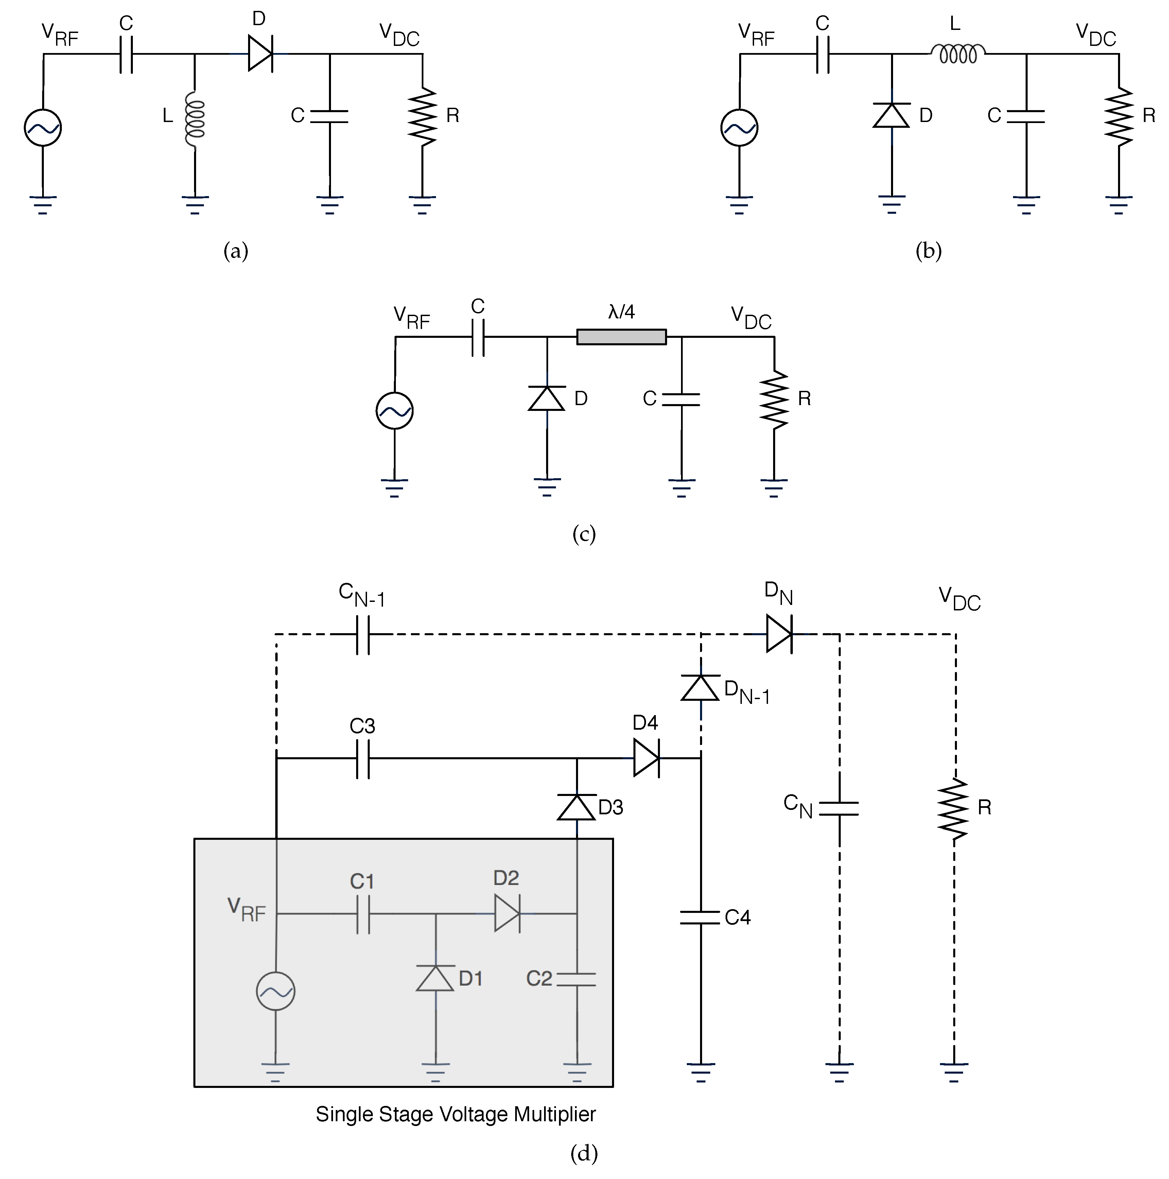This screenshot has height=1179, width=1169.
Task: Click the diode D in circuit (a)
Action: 260,54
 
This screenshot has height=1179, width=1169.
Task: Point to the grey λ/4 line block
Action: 621,337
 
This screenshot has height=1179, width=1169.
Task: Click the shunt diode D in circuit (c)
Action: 547,398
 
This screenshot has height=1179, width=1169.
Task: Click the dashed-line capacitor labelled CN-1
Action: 362,634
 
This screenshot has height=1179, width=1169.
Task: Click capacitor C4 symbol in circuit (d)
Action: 700,917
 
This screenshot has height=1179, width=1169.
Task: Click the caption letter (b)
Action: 928,251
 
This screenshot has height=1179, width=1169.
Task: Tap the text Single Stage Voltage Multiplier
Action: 455,1114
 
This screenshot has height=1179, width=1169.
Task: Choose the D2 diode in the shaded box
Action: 506,914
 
